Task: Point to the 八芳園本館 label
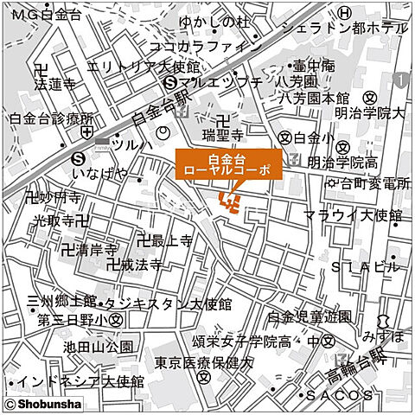316,98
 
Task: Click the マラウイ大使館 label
353,214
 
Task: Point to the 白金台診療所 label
51,118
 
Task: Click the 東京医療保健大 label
202,363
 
